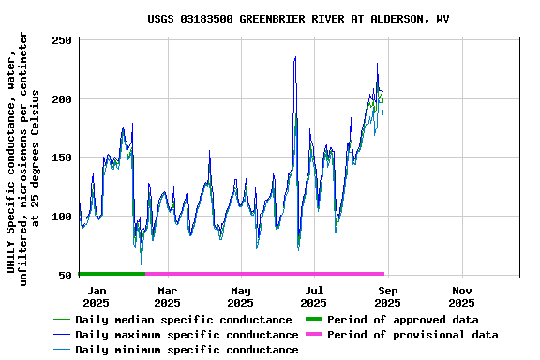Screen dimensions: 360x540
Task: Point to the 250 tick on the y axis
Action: pos(62,40)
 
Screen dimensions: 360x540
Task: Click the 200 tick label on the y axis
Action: pos(62,99)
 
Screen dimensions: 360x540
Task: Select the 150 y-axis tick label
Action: pos(62,158)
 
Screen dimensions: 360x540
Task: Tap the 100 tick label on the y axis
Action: pos(62,217)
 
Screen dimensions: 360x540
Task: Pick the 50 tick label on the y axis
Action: pos(66,276)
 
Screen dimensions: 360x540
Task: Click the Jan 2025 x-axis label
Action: pos(96,297)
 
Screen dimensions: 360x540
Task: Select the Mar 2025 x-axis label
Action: pos(167,297)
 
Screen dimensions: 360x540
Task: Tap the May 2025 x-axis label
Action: pos(241,297)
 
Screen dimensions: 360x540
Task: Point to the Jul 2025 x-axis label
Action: pos(314,297)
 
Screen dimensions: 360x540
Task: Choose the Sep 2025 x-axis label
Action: pos(387,297)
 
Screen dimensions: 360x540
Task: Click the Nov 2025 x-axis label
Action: pos(461,297)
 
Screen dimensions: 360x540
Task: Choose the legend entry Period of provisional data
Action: pos(412,335)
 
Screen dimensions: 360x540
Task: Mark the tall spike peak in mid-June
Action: pos(295,57)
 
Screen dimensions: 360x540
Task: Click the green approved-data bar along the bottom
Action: pos(112,274)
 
